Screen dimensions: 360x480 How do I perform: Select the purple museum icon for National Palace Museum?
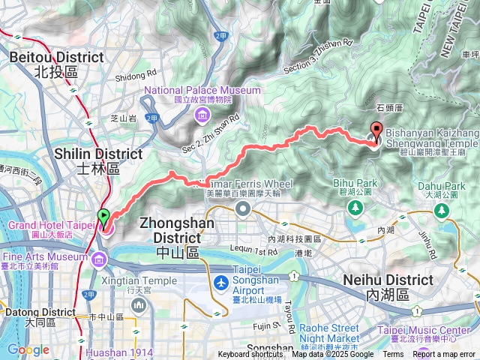click(x=202, y=115)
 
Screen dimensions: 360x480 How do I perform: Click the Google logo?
click(x=28, y=349)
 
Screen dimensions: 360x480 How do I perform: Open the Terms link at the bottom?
click(x=392, y=355)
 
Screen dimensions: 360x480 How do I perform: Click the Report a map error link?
click(x=444, y=355)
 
